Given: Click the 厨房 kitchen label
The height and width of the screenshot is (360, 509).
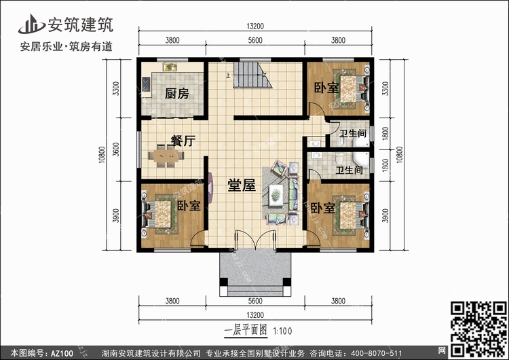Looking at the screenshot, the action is tap(177, 94).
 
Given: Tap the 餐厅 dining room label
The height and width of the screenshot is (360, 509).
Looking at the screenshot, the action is tap(183, 141).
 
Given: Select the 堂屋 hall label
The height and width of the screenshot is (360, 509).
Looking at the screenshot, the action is tap(242, 185).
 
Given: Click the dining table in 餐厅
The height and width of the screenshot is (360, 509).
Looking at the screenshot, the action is tap(166, 156).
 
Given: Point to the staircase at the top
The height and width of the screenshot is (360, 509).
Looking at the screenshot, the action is tap(252, 75).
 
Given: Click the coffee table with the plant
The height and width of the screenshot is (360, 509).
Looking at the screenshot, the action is tap(276, 195).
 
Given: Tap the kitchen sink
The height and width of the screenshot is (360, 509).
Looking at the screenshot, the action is tap(170, 67).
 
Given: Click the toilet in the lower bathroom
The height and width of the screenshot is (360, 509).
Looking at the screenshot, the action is tap(339, 159).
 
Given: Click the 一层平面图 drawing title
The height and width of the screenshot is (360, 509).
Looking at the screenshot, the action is tap(246, 330).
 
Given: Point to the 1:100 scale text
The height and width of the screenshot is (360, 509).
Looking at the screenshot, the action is tap(282, 331).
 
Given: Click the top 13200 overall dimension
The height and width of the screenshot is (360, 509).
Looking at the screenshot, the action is tap(255, 26).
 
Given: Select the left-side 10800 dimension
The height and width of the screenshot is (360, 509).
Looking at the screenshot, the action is tap(102, 155).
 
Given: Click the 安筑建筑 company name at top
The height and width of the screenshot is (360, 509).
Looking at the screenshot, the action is tap(80, 24).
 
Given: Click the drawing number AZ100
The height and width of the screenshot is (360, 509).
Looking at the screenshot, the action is tap(62, 353).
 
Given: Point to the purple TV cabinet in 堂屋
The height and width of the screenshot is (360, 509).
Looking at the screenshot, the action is tap(210, 188).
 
